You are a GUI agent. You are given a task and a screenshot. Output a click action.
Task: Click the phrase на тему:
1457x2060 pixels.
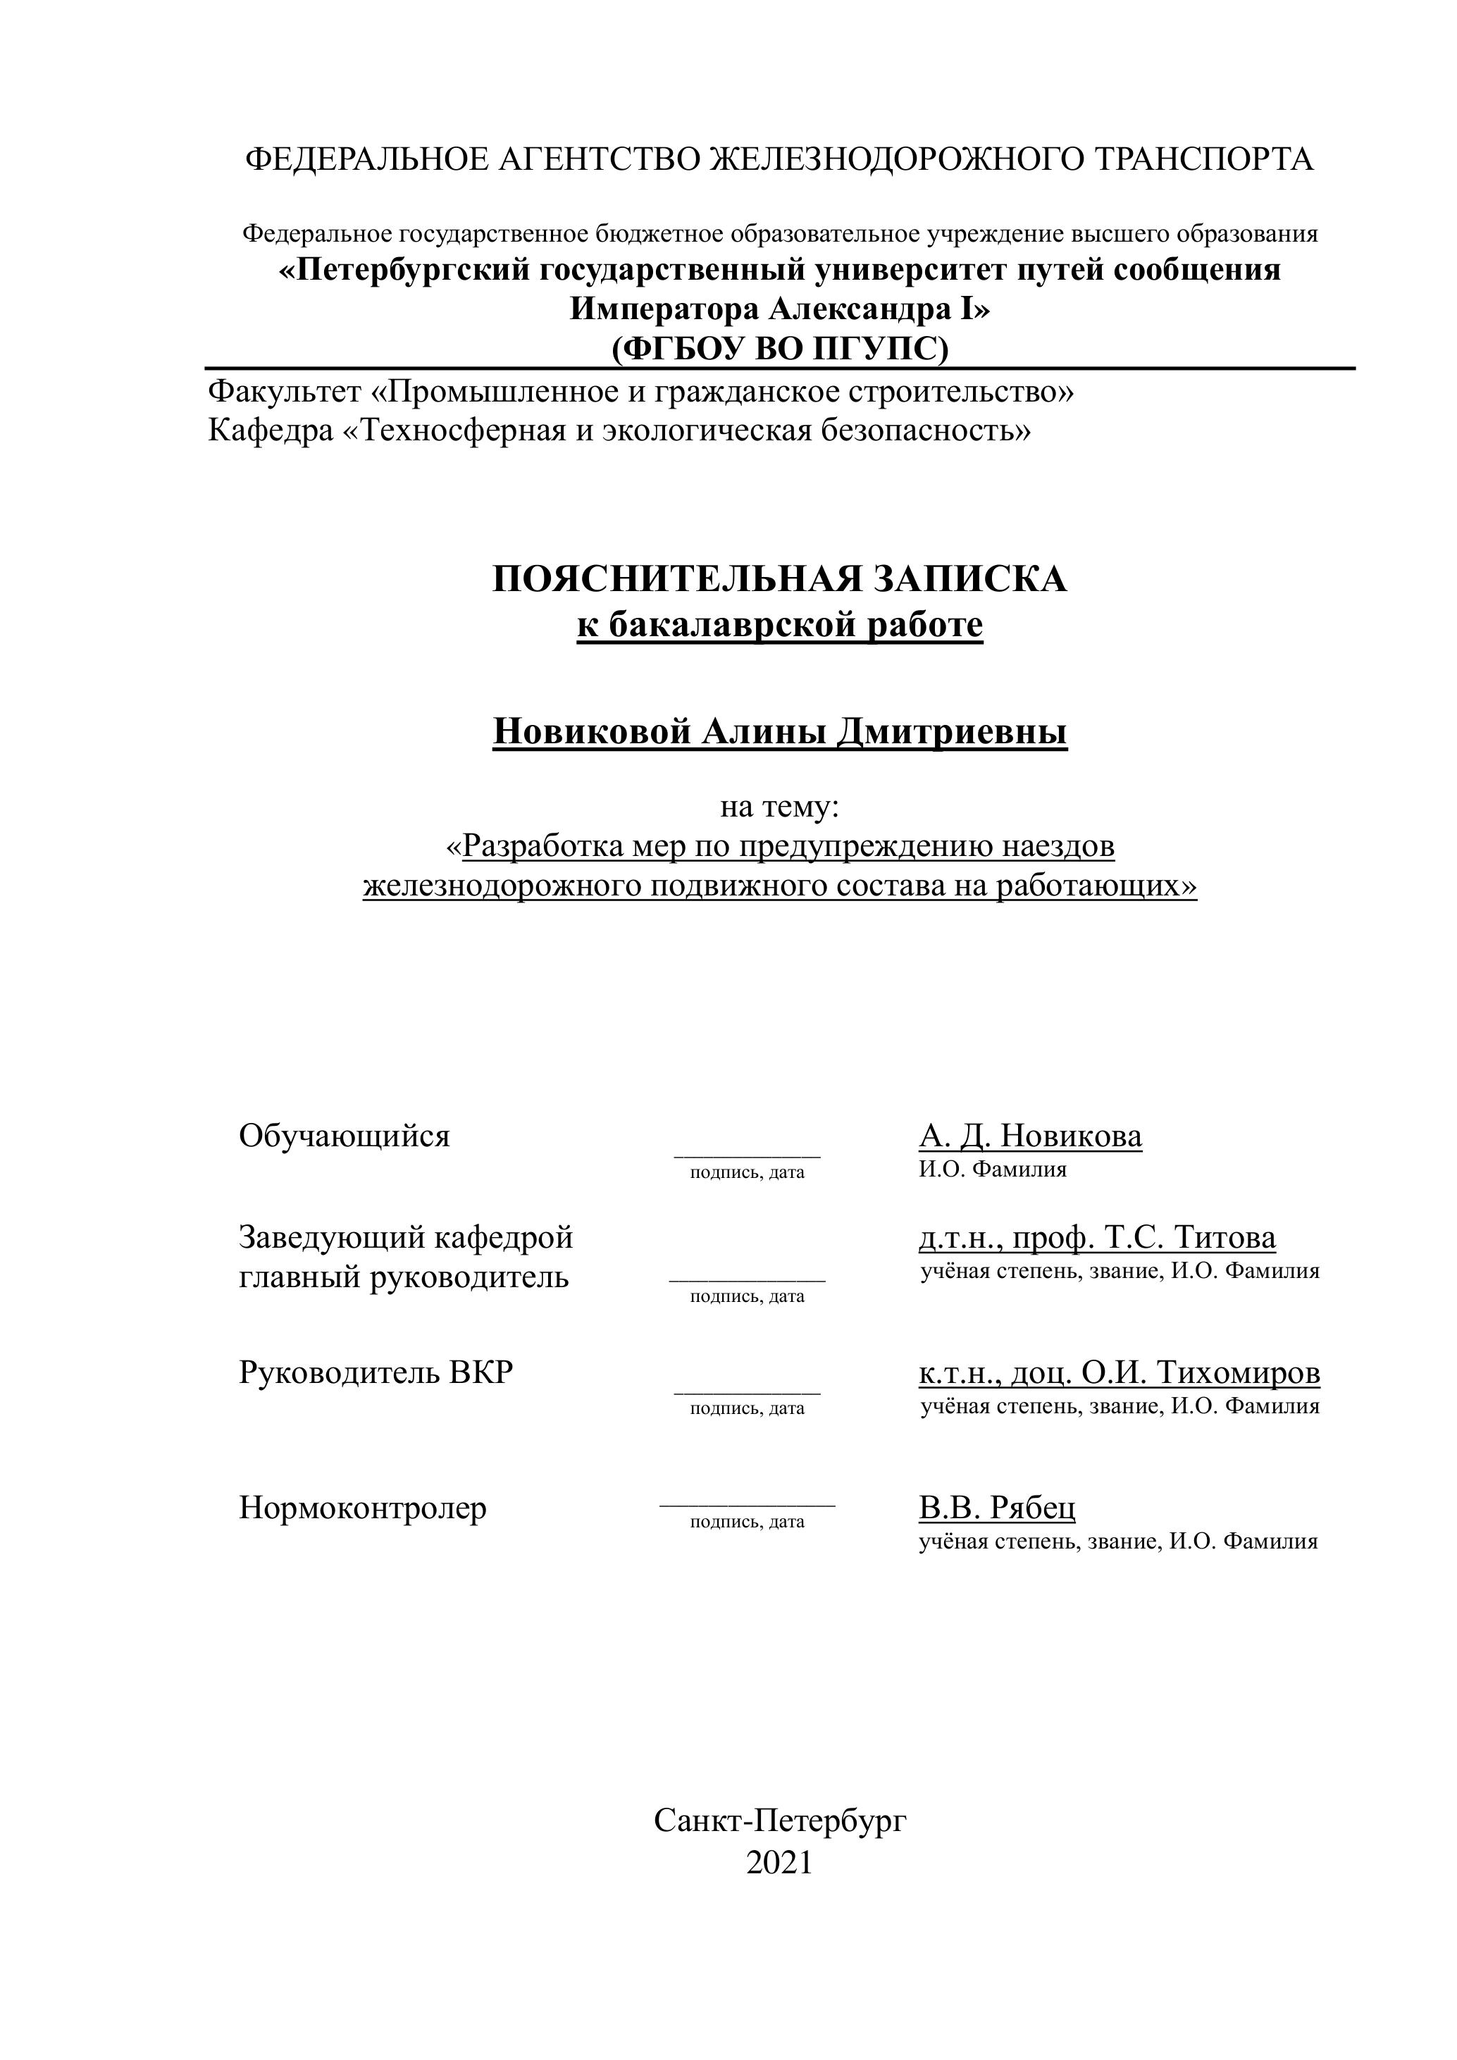tap(779, 807)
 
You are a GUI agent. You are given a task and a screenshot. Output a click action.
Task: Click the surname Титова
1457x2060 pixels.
tap(1225, 1237)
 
